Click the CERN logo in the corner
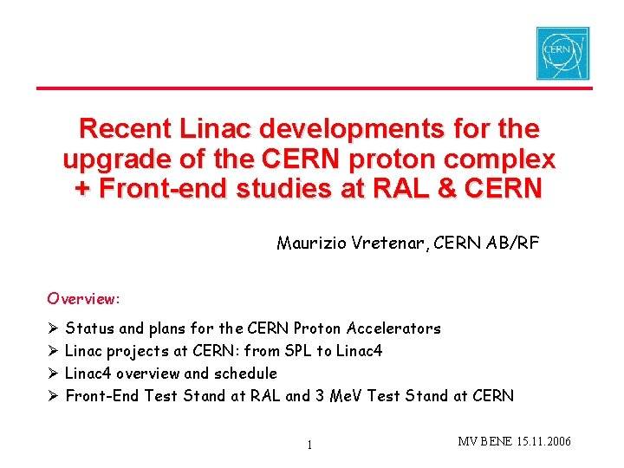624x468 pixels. pyautogui.click(x=562, y=53)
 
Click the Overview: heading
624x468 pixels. pyautogui.click(x=84, y=299)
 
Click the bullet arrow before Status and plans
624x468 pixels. pyautogui.click(x=53, y=328)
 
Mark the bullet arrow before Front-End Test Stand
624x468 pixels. pyautogui.click(x=53, y=396)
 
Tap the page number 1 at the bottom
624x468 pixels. pyautogui.click(x=309, y=445)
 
